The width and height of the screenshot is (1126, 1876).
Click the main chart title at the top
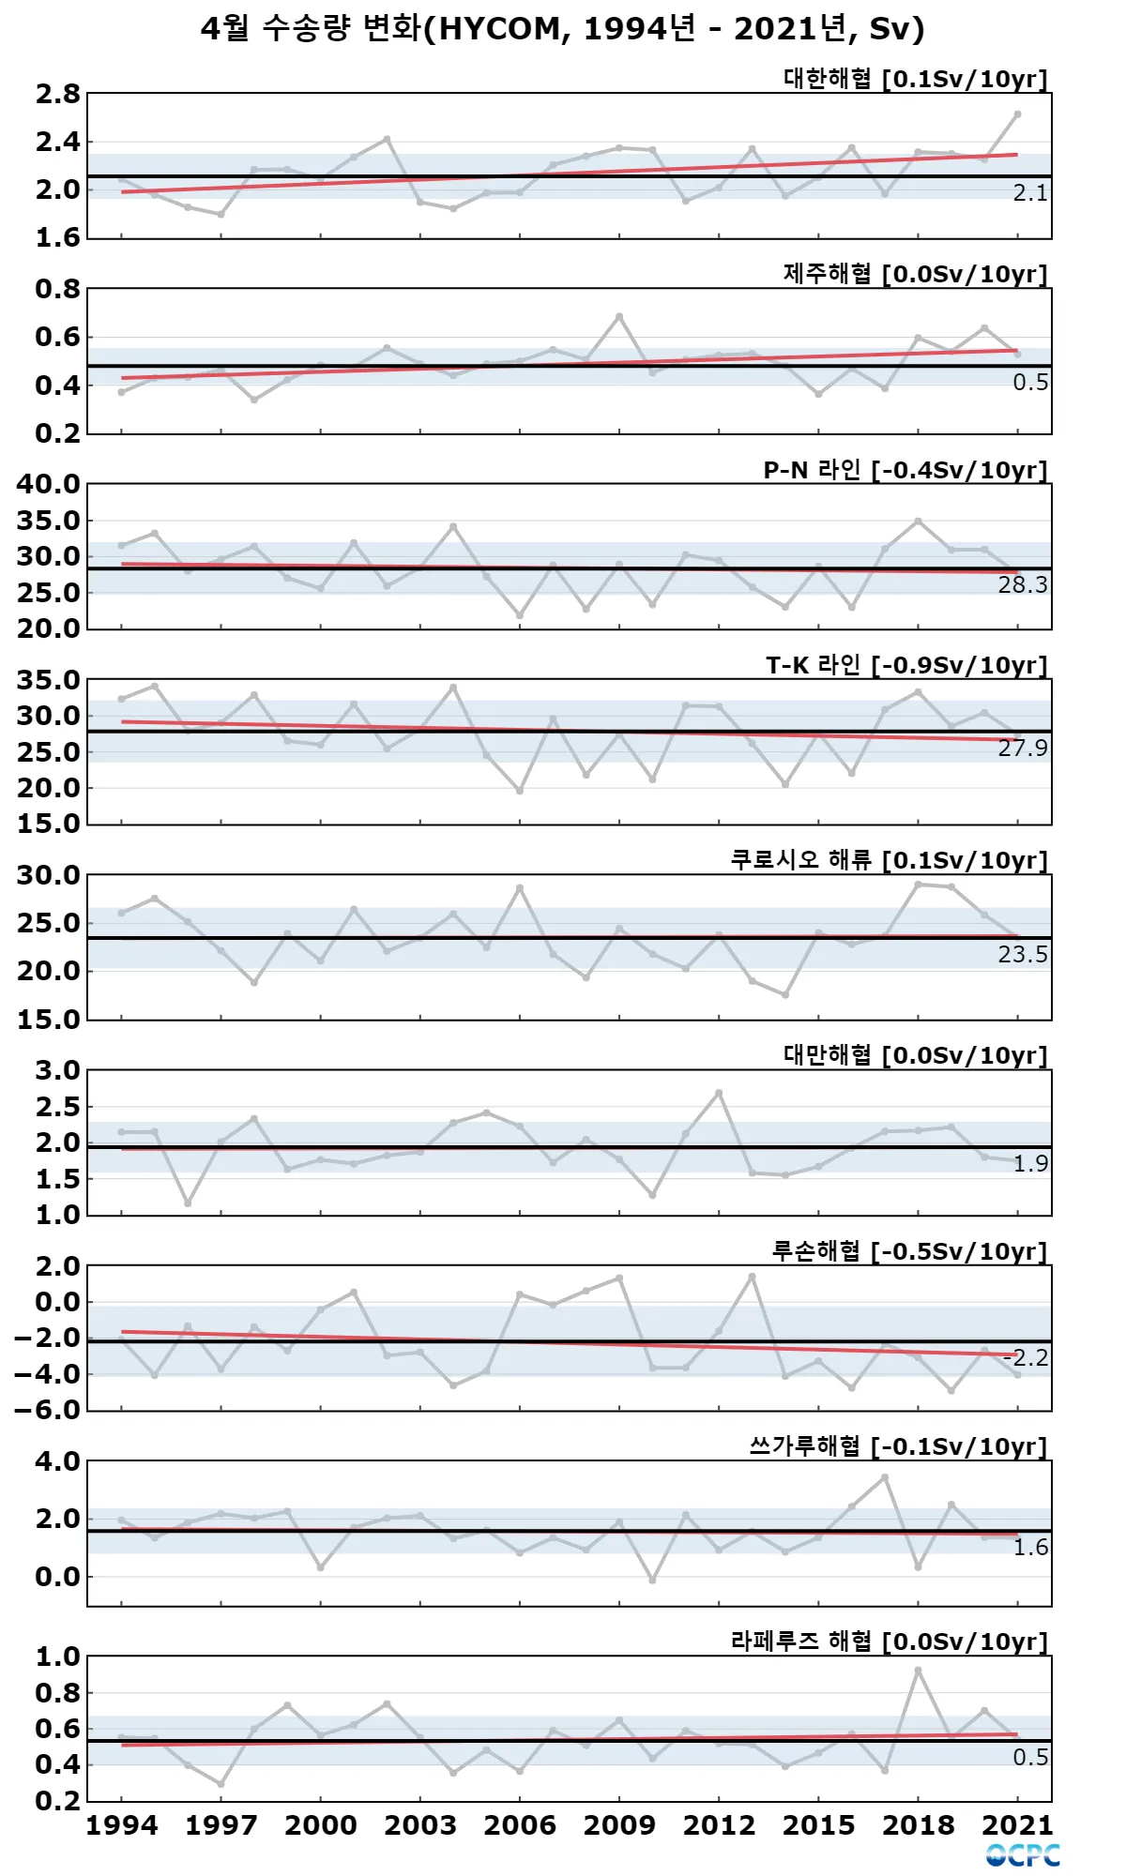(x=563, y=29)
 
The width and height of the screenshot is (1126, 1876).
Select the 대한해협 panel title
(x=915, y=79)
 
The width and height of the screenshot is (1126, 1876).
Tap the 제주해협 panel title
(x=915, y=274)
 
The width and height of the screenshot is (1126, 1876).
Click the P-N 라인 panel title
(x=905, y=470)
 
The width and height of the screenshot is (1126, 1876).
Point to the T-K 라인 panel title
(x=905, y=665)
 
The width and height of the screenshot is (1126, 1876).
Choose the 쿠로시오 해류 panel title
(x=889, y=860)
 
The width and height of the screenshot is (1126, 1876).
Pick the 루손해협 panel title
(x=908, y=1251)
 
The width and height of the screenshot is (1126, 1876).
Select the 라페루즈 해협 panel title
(x=889, y=1641)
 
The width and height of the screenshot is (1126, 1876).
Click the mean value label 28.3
(x=1023, y=585)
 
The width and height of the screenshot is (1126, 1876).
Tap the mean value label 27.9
(x=1023, y=749)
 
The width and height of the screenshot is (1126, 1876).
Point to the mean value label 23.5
(x=1023, y=955)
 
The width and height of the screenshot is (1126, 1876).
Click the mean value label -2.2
(x=1026, y=1357)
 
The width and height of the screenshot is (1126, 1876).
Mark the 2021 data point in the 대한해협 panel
(x=1017, y=114)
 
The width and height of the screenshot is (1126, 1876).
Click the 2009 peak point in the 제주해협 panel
(x=619, y=317)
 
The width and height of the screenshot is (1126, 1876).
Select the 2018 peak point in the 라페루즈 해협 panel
(x=918, y=1671)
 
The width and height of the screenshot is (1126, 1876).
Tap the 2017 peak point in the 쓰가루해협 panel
(x=885, y=1477)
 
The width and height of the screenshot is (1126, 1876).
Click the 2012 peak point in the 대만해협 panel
(x=719, y=1093)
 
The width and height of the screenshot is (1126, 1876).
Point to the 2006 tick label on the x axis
(x=520, y=1824)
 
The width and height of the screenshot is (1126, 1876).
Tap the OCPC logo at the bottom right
(x=1023, y=1854)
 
